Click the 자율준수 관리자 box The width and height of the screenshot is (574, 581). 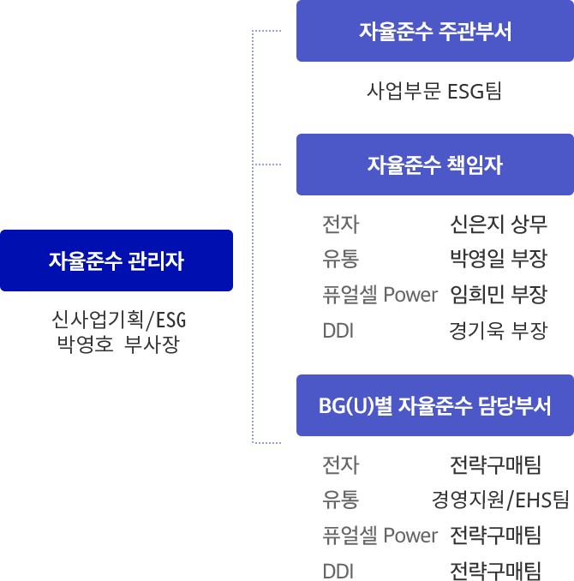coord(117,261)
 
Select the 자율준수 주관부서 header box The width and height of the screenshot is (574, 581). coord(434,32)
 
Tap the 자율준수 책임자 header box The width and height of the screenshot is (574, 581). coord(434,165)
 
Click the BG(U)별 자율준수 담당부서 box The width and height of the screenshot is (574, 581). coord(434,405)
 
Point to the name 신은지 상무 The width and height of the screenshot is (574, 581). coord(498,225)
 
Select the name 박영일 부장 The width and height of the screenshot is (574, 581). coord(498,260)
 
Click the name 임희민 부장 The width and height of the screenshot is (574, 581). coord(498,295)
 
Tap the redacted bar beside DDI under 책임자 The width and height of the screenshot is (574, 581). coord(499,331)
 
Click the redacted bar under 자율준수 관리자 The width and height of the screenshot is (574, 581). coord(118,332)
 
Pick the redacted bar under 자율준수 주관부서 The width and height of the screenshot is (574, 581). coord(433,91)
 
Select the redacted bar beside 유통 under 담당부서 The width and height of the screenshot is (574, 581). coord(499,500)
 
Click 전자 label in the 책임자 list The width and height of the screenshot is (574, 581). coord(340,225)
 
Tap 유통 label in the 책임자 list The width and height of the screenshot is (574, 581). coord(340,260)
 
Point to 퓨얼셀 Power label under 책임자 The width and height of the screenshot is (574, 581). coord(380,295)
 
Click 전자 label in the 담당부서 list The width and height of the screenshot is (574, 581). coord(340,465)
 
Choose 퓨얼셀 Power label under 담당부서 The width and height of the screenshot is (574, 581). coord(380,536)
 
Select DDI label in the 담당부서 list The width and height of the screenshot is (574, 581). coord(338,571)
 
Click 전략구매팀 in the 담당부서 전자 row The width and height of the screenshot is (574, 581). coord(495,465)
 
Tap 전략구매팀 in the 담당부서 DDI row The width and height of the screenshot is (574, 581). coord(495,571)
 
